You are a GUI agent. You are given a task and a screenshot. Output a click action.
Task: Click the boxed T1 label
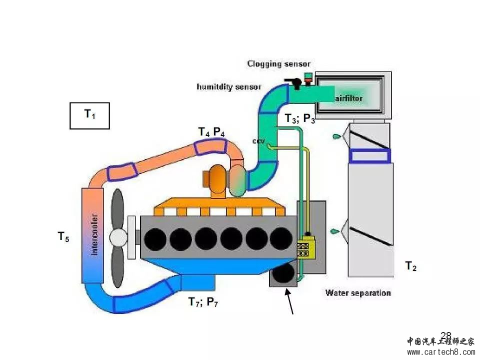pyautogui.click(x=89, y=115)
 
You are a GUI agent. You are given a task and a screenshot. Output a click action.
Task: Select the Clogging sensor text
pyautogui.click(x=278, y=64)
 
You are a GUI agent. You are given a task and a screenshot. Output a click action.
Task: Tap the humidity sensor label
pyautogui.click(x=228, y=87)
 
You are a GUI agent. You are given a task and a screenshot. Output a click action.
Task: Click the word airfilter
pyautogui.click(x=349, y=98)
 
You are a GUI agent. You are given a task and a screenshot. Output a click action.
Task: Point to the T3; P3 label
pyautogui.click(x=300, y=119)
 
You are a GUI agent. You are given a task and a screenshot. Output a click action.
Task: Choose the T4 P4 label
pyautogui.click(x=211, y=132)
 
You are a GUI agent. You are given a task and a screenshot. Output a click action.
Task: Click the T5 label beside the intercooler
pyautogui.click(x=63, y=237)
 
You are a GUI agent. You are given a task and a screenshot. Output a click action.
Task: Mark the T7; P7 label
pyautogui.click(x=203, y=302)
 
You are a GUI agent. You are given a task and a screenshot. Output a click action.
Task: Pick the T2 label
pyautogui.click(x=410, y=267)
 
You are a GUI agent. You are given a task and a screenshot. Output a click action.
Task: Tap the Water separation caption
pyautogui.click(x=358, y=293)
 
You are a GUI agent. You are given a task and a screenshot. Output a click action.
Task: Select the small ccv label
pyautogui.click(x=258, y=141)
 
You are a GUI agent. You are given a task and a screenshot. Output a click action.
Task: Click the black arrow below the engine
pyautogui.click(x=289, y=302)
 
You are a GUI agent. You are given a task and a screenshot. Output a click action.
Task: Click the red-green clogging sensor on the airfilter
pyautogui.click(x=308, y=78)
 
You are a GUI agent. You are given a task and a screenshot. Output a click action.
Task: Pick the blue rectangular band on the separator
pyautogui.click(x=370, y=156)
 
